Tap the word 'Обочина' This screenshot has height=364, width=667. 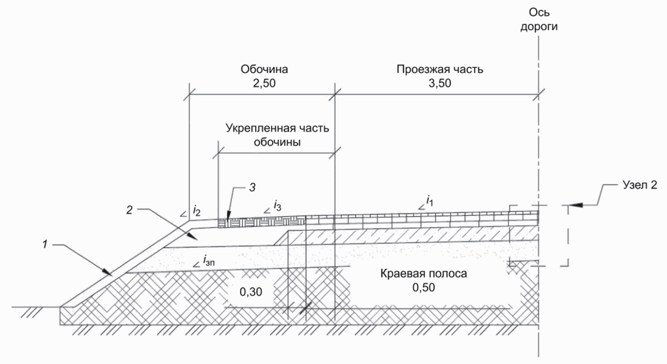(265, 70)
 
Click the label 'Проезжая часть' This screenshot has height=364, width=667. (439, 70)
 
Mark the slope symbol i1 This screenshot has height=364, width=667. (428, 201)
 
